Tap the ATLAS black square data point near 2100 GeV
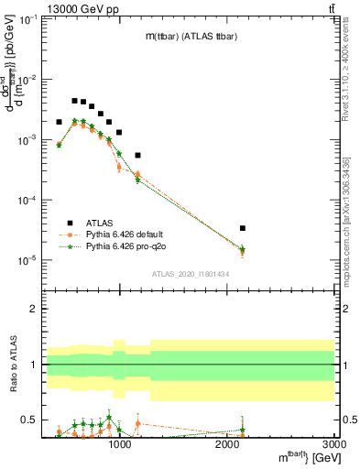pos(242,228)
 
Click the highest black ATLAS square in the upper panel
pos(74,101)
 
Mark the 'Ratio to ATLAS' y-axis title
pos(12,364)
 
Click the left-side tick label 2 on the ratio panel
pos(34,309)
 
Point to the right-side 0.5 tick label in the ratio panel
pos(349,420)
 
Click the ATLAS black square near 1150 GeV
pos(137,156)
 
